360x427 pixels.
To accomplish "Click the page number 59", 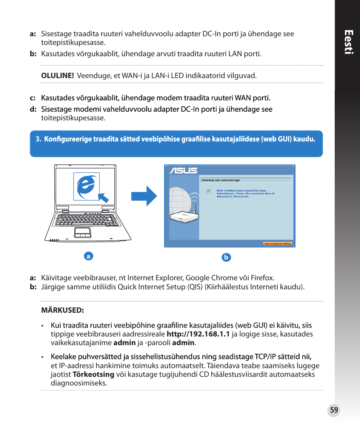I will [x=334, y=410].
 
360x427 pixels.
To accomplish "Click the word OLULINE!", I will [x=57, y=75].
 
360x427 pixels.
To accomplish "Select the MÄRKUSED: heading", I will [x=62, y=311].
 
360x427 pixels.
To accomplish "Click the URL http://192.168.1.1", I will [x=198, y=334].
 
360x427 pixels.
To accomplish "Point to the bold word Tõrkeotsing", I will [x=93, y=374].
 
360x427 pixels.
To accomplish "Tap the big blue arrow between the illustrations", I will [x=144, y=196].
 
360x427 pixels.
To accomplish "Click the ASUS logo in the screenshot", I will [x=183, y=170].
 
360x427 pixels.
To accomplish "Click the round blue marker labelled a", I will [x=88, y=256].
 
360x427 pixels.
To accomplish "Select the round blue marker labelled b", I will [x=226, y=258].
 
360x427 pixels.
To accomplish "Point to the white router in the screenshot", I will [x=183, y=217].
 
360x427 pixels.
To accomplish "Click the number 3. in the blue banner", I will [x=38, y=139].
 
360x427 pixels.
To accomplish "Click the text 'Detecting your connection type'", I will [x=221, y=180].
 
